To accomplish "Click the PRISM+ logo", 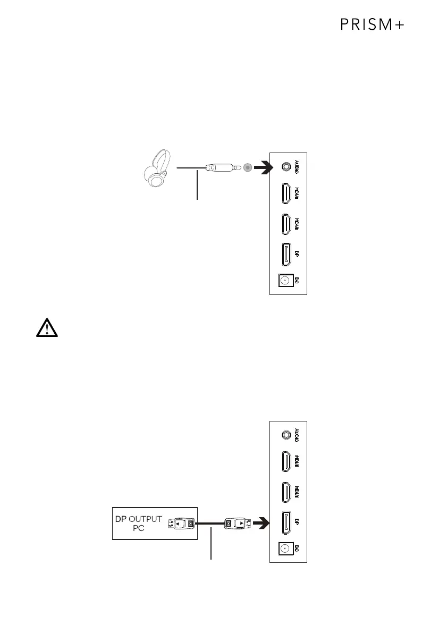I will pos(373,26).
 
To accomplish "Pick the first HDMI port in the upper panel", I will pos(286,195).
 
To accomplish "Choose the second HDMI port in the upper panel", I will pos(286,225).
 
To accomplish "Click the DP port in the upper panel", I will pos(286,255).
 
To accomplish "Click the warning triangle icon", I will pos(47,329).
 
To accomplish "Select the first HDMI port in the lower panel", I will pos(286,462).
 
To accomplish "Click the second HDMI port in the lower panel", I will pos(286,493).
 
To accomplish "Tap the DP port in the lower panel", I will pos(286,523).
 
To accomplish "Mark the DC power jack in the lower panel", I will pos(285,548).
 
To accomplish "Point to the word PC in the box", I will pos(139,529).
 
